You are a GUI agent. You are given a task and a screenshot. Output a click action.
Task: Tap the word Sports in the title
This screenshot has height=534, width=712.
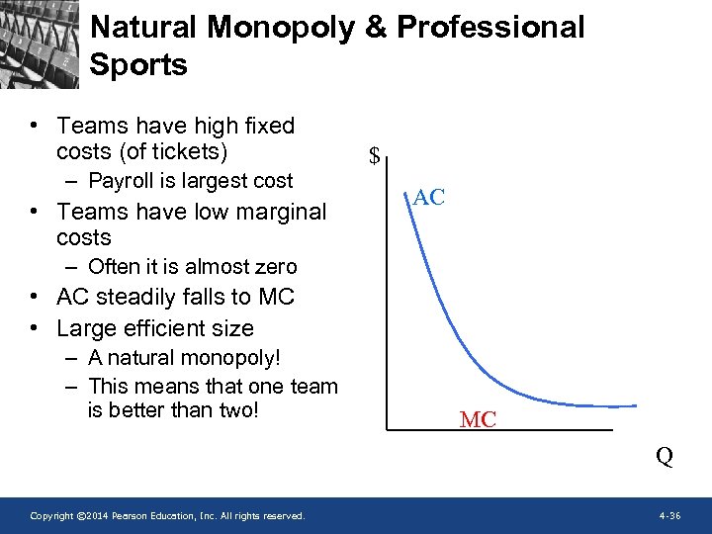pyautogui.click(x=137, y=65)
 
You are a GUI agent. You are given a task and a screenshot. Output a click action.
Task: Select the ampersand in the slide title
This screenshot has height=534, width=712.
pyautogui.click(x=375, y=28)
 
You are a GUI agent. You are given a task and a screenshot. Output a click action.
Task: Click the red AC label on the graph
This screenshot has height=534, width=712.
pyautogui.click(x=429, y=197)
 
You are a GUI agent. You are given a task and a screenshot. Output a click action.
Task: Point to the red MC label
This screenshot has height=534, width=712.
pyautogui.click(x=478, y=420)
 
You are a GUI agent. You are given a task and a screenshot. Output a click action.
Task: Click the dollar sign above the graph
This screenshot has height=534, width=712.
pyautogui.click(x=375, y=155)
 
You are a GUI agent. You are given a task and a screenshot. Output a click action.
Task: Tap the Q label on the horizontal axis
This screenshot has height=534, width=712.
pyautogui.click(x=665, y=456)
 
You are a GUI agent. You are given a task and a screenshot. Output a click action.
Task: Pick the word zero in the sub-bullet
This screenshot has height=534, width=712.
pyautogui.click(x=275, y=267)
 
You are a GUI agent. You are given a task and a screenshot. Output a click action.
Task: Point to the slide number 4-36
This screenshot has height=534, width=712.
pyautogui.click(x=669, y=516)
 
